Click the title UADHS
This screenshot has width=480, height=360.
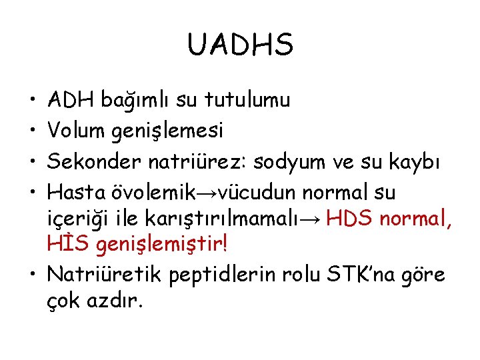(x=240, y=45)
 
